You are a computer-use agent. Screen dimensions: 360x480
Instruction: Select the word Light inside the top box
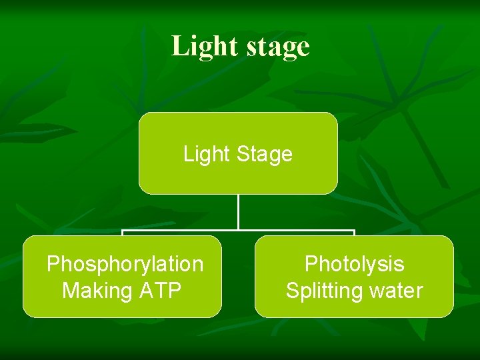pyautogui.click(x=205, y=154)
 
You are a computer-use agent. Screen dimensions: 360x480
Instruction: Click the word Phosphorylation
pyautogui.click(x=125, y=264)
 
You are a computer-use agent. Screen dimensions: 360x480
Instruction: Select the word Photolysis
pyautogui.click(x=354, y=264)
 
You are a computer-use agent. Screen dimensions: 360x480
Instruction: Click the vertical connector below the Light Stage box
pyautogui.click(x=238, y=212)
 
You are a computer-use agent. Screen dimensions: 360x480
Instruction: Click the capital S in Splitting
pyautogui.click(x=292, y=291)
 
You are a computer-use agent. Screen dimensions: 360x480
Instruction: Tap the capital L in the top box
pyautogui.click(x=188, y=154)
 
